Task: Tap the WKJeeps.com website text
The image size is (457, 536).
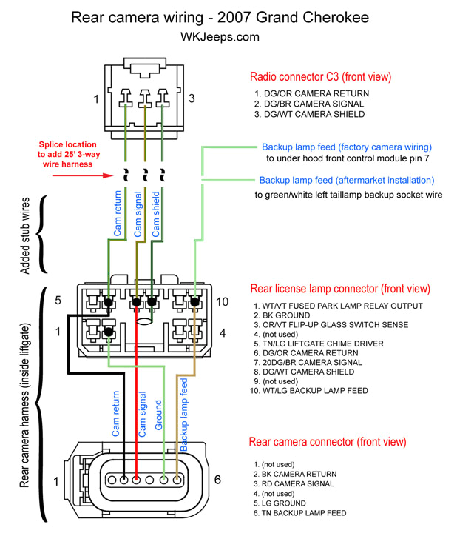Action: pyautogui.click(x=220, y=36)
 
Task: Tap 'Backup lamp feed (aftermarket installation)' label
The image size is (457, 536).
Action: pyautogui.click(x=346, y=180)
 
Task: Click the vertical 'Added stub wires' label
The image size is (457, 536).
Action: pyautogui.click(x=24, y=235)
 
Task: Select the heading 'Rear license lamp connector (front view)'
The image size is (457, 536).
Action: pyautogui.click(x=340, y=289)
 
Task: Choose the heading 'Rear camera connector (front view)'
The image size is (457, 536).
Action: pyautogui.click(x=328, y=442)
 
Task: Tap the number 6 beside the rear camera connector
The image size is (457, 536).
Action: pyautogui.click(x=217, y=480)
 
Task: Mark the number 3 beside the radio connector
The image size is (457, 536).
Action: pyautogui.click(x=192, y=98)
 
